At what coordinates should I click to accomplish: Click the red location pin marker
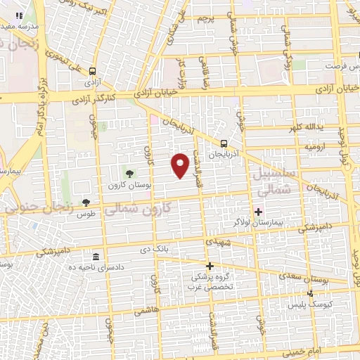[181, 165]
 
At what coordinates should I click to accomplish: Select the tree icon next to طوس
[86, 202]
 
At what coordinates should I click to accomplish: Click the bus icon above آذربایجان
[243, 140]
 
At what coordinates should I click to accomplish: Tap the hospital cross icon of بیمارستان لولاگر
[258, 212]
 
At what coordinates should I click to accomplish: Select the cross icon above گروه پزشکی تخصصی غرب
[210, 265]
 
